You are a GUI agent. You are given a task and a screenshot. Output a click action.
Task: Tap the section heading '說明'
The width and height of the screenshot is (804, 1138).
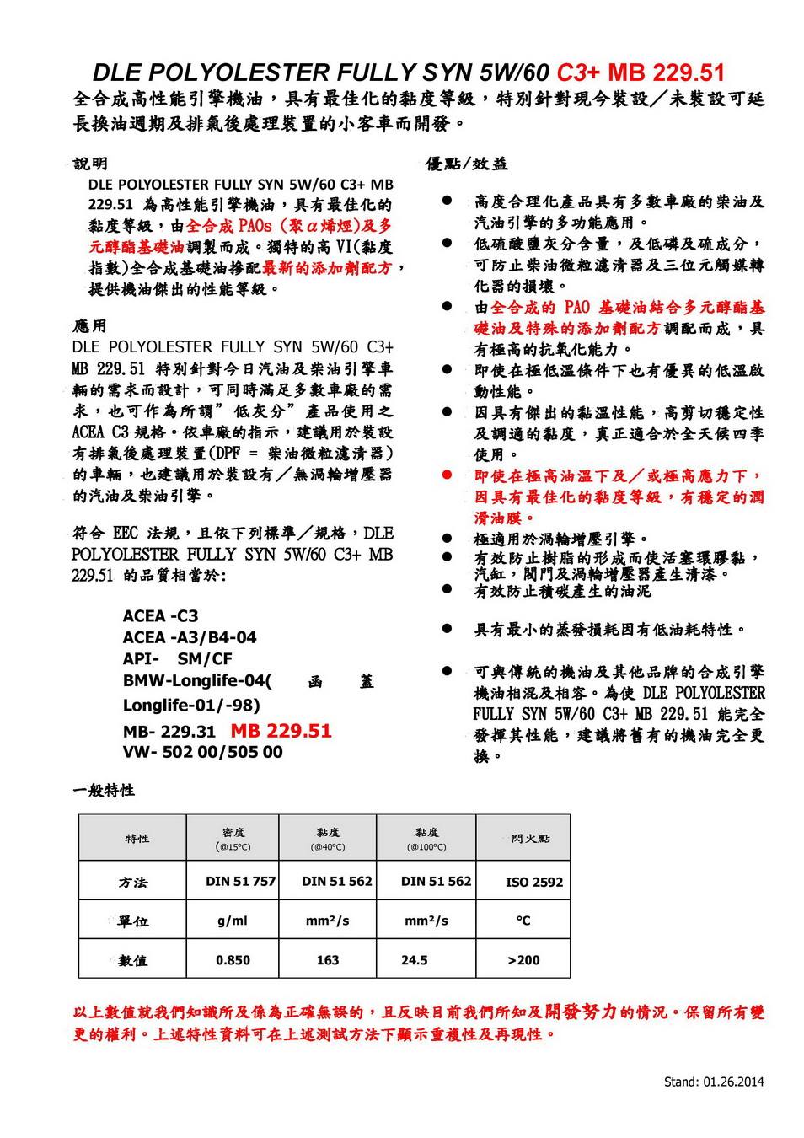pyautogui.click(x=90, y=164)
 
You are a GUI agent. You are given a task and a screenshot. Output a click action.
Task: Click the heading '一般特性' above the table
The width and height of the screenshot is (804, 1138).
pyautogui.click(x=103, y=791)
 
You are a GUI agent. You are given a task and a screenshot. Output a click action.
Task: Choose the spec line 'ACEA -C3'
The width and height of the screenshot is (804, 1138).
pyautogui.click(x=160, y=616)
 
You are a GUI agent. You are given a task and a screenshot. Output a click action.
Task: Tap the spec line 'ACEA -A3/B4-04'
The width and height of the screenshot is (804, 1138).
pyautogui.click(x=190, y=637)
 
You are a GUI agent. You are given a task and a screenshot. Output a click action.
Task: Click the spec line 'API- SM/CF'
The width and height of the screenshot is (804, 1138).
pyautogui.click(x=177, y=659)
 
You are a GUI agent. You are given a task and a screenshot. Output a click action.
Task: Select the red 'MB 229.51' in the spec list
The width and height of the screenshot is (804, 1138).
pyautogui.click(x=281, y=731)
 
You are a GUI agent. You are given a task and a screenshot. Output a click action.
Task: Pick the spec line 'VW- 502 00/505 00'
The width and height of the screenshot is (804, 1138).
pyautogui.click(x=202, y=752)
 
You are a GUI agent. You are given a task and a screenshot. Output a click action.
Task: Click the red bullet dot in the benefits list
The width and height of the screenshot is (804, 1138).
pyautogui.click(x=448, y=476)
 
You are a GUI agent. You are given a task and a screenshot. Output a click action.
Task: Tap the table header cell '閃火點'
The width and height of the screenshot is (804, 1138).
pyautogui.click(x=530, y=839)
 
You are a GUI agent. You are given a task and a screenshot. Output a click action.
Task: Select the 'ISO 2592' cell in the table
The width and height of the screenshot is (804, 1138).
pyautogui.click(x=533, y=883)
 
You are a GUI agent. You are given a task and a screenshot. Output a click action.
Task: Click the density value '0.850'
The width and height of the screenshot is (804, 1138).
pyautogui.click(x=233, y=960)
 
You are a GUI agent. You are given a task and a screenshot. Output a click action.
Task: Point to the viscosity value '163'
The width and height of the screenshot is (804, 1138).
pyautogui.click(x=328, y=960)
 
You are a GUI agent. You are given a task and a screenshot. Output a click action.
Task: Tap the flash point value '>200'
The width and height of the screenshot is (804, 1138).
pyautogui.click(x=523, y=960)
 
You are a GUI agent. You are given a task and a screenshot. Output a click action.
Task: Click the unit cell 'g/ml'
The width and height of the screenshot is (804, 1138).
pyautogui.click(x=233, y=921)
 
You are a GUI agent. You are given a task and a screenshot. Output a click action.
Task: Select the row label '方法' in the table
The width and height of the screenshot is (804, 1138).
pyautogui.click(x=133, y=883)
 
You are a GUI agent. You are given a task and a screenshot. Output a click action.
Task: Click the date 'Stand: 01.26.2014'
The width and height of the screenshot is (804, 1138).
pyautogui.click(x=714, y=1082)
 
